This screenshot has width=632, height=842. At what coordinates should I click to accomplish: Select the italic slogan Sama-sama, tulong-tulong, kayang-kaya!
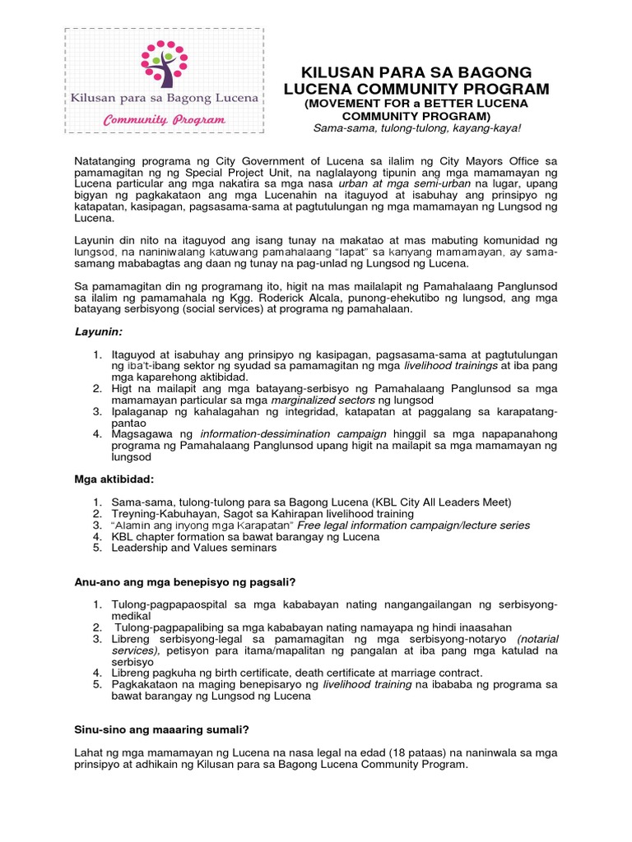416,129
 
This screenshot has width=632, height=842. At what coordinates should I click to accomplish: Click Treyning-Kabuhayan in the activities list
165,513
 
